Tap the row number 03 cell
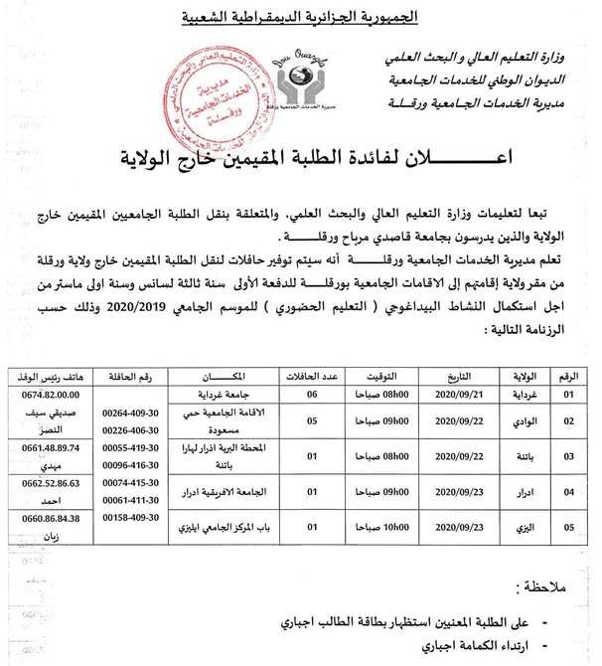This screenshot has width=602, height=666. pos(569,456)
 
